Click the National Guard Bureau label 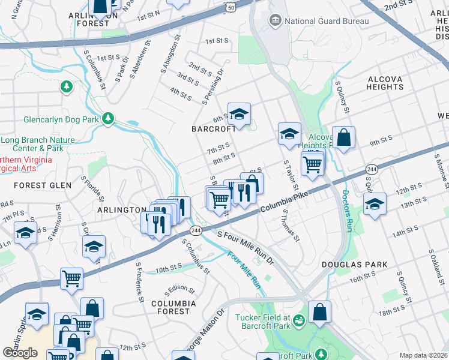[326, 21]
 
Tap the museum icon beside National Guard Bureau [276, 21]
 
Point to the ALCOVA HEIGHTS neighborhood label [385, 83]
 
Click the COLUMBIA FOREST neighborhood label [174, 307]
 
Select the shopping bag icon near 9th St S [343, 137]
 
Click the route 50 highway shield [231, 5]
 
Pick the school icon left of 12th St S [375, 204]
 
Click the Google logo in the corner [20, 353]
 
